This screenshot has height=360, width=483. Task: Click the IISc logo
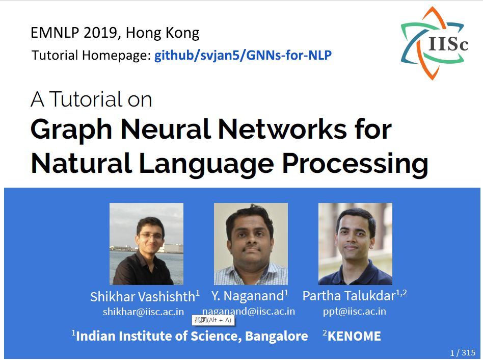tap(434, 43)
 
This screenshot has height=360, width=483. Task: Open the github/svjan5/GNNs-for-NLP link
tap(243, 56)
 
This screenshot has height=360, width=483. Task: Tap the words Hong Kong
tap(163, 33)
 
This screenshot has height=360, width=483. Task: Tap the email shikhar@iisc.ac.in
tap(143, 312)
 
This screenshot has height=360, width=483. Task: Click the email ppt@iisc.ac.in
tap(354, 311)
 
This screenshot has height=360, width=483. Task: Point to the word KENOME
tap(354, 336)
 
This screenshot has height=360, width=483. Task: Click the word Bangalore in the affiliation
tap(277, 337)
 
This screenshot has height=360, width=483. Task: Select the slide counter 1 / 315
tap(463, 352)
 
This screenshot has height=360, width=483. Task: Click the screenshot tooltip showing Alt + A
tap(213, 320)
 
